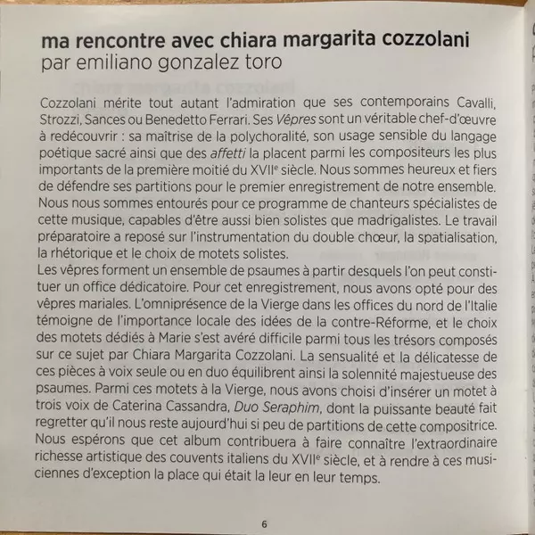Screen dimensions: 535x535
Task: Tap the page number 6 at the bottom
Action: tap(264, 523)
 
